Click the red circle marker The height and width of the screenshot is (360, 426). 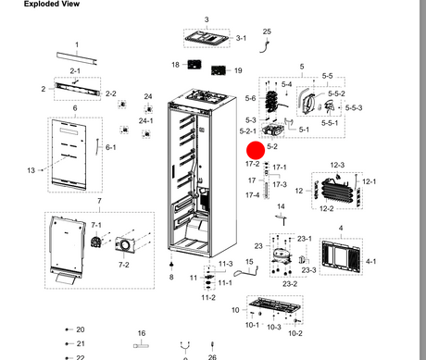(256, 150)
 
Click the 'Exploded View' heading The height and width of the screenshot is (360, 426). (52, 4)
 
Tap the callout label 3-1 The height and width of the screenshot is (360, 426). (241, 38)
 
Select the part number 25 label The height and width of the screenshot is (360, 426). (267, 31)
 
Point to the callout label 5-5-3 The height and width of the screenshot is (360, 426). (354, 107)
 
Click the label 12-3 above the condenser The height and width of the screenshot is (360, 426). (337, 165)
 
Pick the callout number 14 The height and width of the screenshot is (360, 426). (281, 206)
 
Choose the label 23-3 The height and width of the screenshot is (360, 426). (308, 270)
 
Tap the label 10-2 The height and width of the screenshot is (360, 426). (295, 333)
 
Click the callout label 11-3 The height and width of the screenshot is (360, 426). (225, 264)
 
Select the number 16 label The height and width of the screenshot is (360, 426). (142, 333)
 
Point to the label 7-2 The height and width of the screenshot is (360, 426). (124, 265)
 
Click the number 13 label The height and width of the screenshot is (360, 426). (31, 170)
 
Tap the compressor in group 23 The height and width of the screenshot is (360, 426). (282, 256)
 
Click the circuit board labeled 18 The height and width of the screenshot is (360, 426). (194, 64)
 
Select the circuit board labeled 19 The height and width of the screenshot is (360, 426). (219, 70)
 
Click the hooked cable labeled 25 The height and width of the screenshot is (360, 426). (264, 47)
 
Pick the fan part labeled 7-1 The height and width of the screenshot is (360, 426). (96, 242)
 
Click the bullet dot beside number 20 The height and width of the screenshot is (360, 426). (67, 329)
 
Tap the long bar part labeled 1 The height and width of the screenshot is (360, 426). (77, 58)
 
